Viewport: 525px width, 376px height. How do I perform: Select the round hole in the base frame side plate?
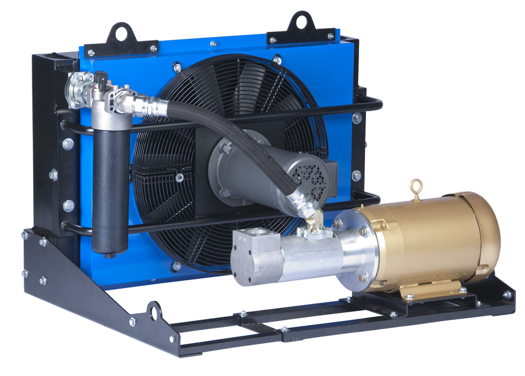point(153,312)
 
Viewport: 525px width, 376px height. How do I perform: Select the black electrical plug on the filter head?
point(100,78)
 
